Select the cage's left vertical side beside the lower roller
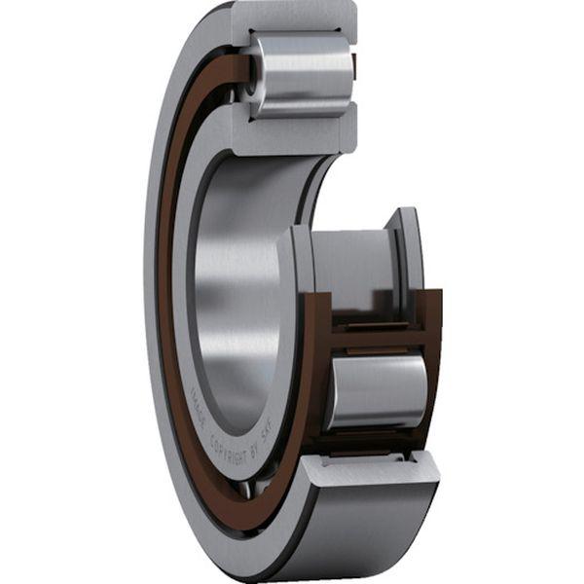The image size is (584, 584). (313, 380)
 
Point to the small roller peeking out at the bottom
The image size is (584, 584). (248, 487)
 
